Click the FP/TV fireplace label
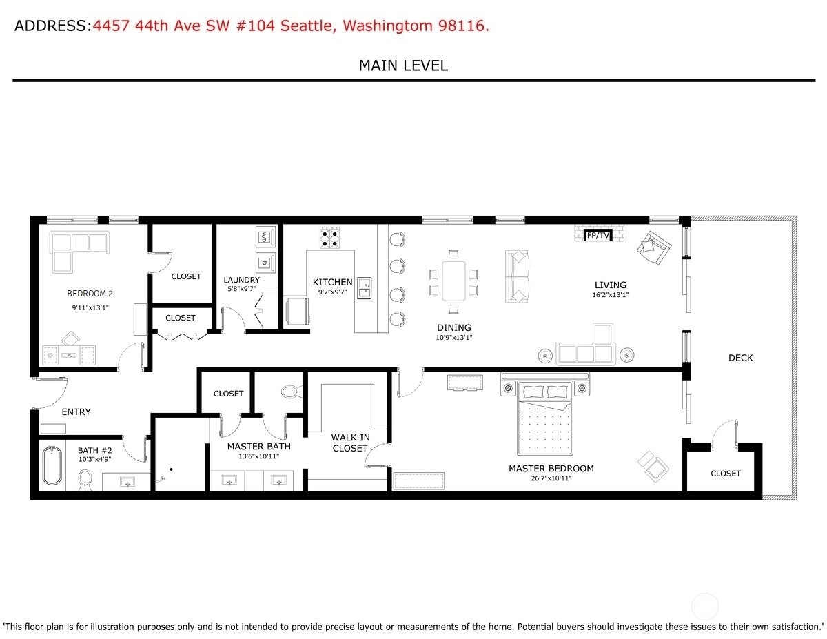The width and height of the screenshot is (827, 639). (598, 236)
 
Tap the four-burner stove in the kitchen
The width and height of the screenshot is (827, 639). (329, 238)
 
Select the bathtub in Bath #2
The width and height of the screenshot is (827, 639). (52, 466)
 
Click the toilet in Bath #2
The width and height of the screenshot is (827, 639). (85, 480)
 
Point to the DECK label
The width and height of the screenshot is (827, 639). (740, 358)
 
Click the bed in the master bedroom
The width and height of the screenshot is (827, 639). (544, 418)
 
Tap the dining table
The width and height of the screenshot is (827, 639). (453, 281)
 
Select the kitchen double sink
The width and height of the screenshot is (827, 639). (364, 288)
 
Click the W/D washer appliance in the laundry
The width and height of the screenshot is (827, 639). (265, 237)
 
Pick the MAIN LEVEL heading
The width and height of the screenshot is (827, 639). (403, 66)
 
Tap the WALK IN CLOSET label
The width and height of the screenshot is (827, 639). (350, 443)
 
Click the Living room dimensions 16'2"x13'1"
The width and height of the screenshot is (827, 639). (610, 294)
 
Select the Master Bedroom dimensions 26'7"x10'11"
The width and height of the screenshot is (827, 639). (551, 478)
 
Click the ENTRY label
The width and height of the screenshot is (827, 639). (76, 412)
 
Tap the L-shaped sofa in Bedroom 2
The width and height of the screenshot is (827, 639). (79, 252)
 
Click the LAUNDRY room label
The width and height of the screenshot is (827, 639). (242, 280)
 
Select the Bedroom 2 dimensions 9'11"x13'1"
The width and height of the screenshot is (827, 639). (90, 307)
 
